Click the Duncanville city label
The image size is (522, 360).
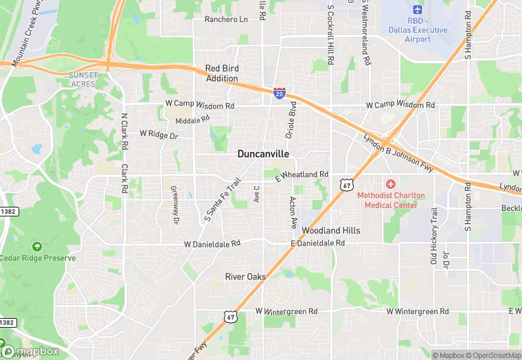pyautogui.click(x=264, y=154)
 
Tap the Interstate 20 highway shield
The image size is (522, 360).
pyautogui.click(x=280, y=93)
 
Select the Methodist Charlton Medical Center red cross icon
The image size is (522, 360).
pyautogui.click(x=391, y=183)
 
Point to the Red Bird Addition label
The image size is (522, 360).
pyautogui.click(x=223, y=74)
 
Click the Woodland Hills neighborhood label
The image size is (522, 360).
pyautogui.click(x=331, y=231)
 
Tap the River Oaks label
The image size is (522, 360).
pyautogui.click(x=245, y=276)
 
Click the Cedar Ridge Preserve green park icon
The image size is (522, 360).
pyautogui.click(x=36, y=246)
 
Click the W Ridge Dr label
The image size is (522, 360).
pyautogui.click(x=159, y=135)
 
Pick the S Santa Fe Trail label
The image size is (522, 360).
pyautogui.click(x=223, y=200)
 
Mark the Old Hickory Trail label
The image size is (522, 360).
pyautogui.click(x=433, y=237)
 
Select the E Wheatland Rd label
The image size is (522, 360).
pyautogui.click(x=302, y=176)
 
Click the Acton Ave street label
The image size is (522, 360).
pyautogui.click(x=293, y=212)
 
